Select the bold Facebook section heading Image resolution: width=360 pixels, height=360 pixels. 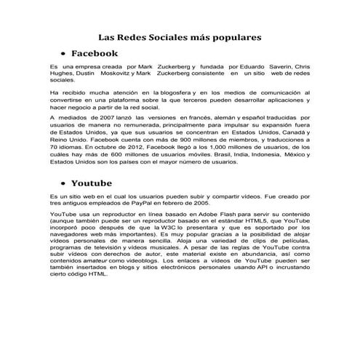(x=95, y=53)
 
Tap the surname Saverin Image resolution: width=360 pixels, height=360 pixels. (x=279, y=67)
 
